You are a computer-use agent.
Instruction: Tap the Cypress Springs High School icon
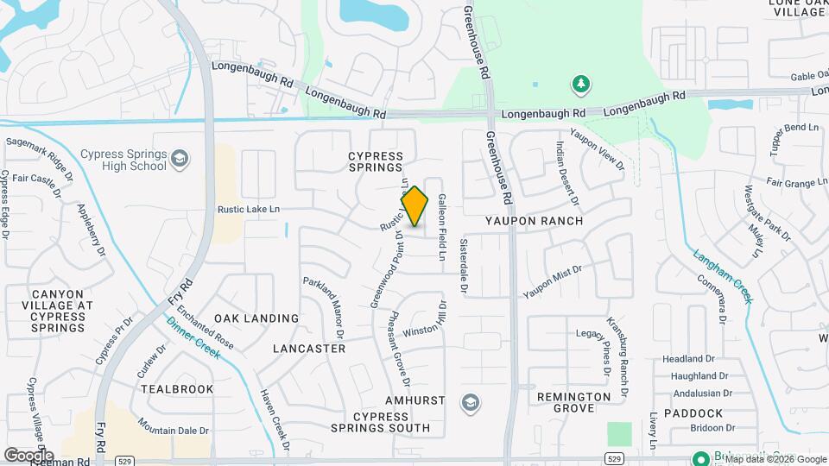point(179,159)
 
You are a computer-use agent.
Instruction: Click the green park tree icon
point(581,84)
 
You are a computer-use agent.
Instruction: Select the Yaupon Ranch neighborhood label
point(534,221)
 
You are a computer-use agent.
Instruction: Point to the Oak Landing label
point(256,318)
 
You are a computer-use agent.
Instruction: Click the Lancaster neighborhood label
point(308,349)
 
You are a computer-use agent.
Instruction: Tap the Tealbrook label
point(177,389)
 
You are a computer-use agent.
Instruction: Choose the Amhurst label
point(415,401)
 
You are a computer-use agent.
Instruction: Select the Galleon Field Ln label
point(442,227)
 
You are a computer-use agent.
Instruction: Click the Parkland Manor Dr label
point(323,306)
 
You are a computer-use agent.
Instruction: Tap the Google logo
point(29,455)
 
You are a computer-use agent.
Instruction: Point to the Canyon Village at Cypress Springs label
point(57,311)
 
